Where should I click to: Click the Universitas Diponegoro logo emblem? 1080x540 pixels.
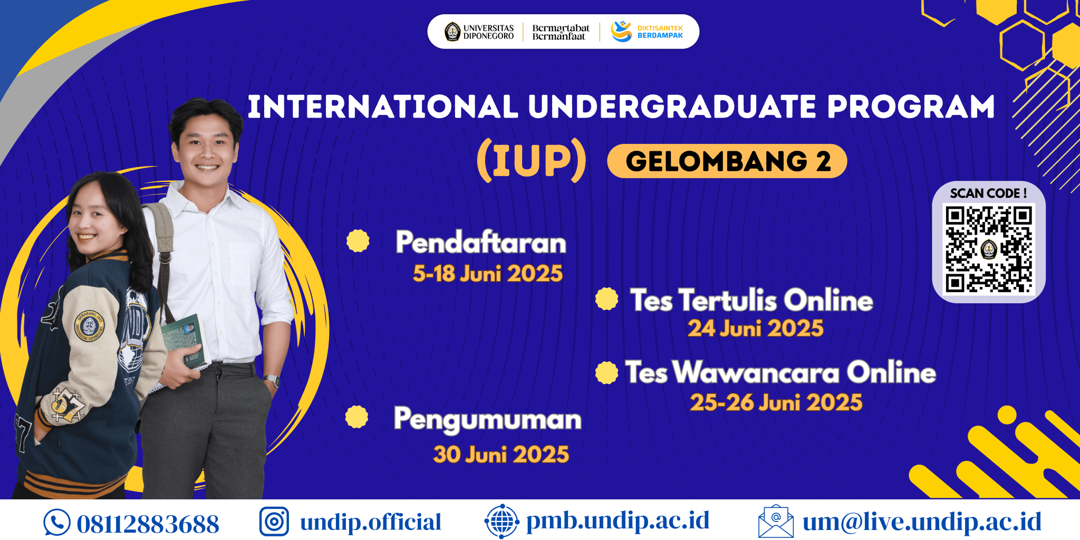[452, 32]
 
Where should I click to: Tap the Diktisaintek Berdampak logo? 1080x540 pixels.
[647, 32]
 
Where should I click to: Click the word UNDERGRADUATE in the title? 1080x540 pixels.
[673, 107]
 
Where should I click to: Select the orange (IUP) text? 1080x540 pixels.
[532, 160]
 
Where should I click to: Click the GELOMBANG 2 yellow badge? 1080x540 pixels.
[727, 161]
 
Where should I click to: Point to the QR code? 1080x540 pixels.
[989, 249]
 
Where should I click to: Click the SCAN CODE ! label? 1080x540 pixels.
[988, 194]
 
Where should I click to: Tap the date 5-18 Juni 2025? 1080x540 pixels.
[488, 274]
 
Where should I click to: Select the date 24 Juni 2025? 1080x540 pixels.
[755, 329]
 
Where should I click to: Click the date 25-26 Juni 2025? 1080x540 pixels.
[776, 403]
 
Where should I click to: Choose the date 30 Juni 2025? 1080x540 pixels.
[501, 455]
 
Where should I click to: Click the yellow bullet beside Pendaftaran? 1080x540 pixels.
[358, 241]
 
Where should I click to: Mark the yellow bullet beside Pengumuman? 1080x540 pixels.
[357, 417]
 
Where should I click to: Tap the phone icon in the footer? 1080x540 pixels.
[57, 523]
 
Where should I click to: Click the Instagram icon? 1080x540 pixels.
[274, 522]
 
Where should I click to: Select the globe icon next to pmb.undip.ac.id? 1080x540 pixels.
[502, 522]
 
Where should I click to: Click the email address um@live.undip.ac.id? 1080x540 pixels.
[922, 522]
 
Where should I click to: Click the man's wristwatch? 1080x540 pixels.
[272, 380]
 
